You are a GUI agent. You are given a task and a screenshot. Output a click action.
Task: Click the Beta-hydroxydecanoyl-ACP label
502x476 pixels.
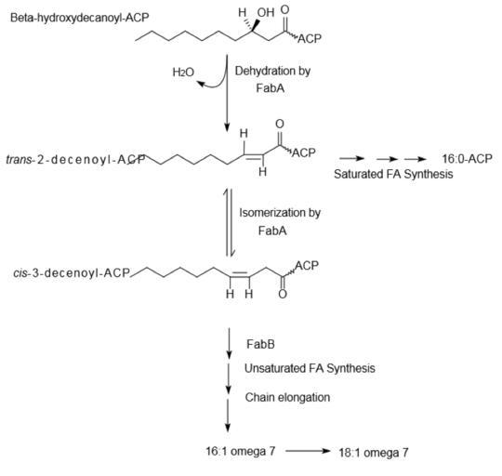tap(79, 18)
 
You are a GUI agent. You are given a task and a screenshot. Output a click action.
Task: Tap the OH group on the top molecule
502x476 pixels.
tap(266, 12)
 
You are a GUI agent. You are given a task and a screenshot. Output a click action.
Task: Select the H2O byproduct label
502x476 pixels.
tap(183, 73)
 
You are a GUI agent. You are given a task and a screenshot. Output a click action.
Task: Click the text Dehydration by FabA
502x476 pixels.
tap(272, 79)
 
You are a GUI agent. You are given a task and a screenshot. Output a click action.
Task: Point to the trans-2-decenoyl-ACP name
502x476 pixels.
tap(75, 159)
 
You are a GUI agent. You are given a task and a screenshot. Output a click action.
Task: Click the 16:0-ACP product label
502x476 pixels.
tap(467, 159)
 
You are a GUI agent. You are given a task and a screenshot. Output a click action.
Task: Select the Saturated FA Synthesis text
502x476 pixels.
tap(393, 174)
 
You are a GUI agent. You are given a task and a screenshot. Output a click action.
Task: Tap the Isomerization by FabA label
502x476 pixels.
tap(280, 221)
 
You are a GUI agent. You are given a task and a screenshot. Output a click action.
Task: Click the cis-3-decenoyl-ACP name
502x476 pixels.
tap(72, 273)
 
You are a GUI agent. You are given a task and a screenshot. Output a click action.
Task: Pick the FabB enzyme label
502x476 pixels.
tap(260, 344)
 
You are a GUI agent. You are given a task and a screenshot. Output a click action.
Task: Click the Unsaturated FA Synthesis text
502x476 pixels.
tap(310, 368)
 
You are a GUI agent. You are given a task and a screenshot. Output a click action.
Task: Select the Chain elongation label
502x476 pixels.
tap(287, 397)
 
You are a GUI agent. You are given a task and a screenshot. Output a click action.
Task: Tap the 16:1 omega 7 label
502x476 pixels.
tap(240, 451)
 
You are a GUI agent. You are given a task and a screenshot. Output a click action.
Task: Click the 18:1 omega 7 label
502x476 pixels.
tap(374, 453)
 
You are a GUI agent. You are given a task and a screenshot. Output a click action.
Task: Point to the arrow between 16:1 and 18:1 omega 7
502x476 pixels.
tap(308, 451)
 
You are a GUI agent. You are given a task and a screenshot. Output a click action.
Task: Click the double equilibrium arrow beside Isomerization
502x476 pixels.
tap(229, 222)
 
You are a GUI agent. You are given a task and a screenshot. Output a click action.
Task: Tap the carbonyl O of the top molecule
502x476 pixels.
tap(284, 9)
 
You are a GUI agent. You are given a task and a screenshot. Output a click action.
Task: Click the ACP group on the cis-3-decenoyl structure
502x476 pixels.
tap(307, 266)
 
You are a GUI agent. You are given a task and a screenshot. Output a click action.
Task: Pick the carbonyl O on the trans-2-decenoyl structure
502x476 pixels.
tap(280, 124)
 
